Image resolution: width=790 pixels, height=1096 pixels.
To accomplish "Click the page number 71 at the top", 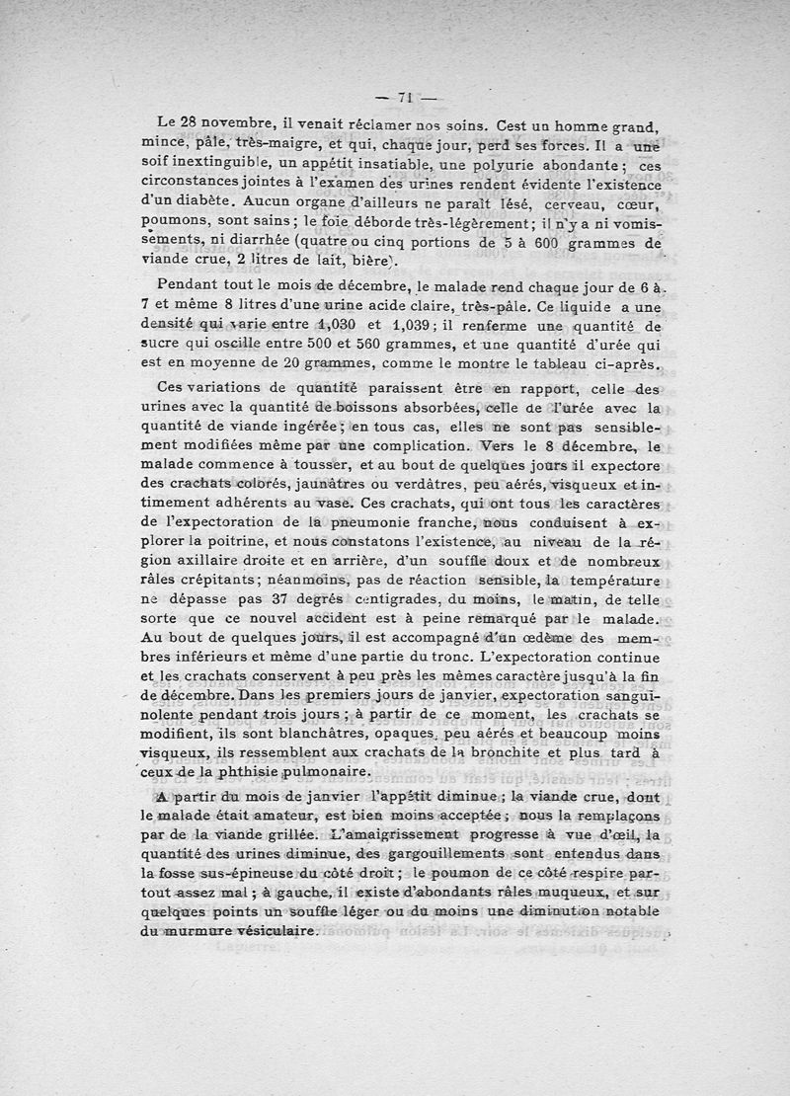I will tap(403, 97).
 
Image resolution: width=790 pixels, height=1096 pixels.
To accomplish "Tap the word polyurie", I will tap(465, 165).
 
